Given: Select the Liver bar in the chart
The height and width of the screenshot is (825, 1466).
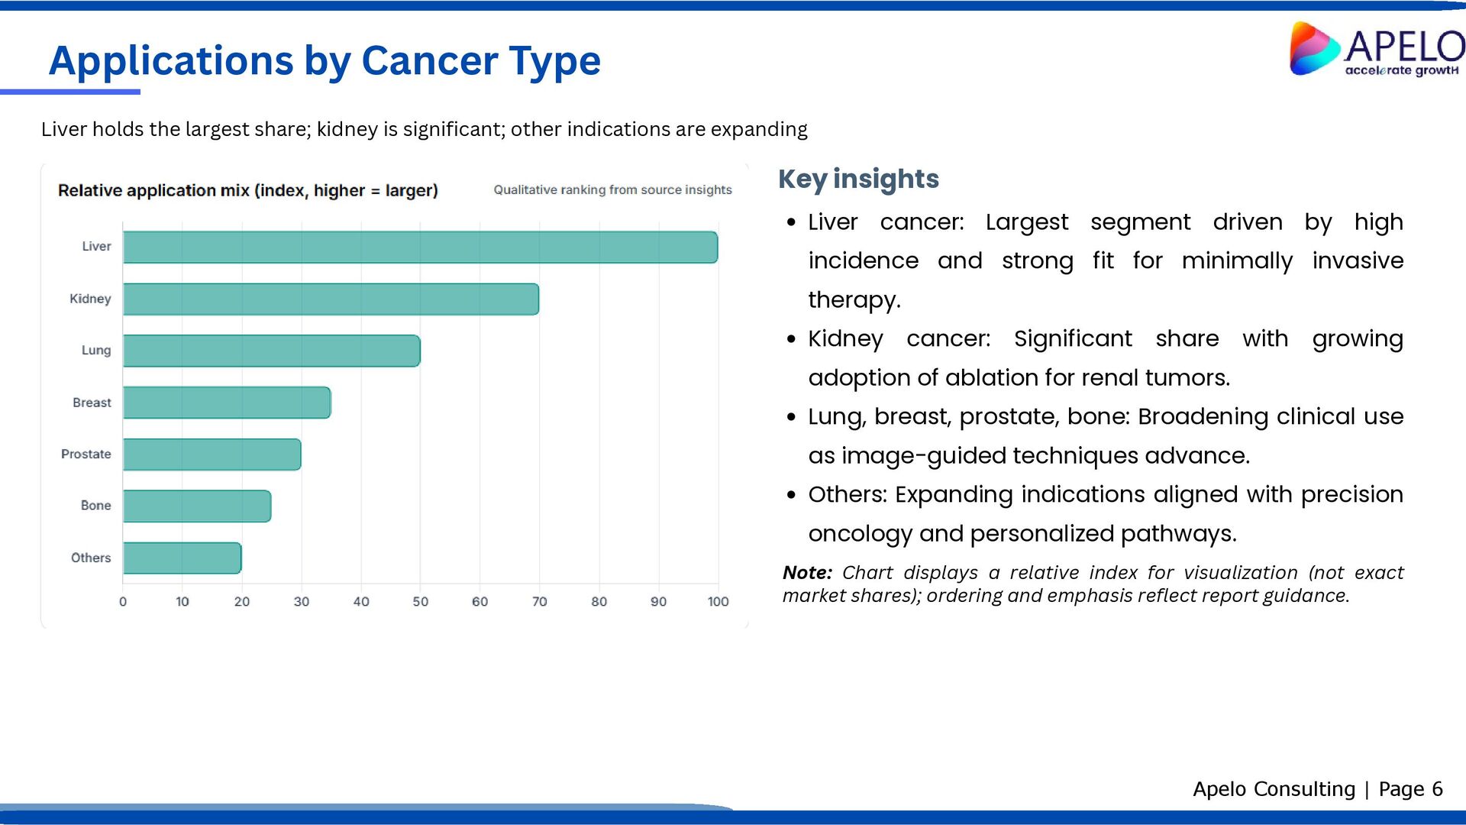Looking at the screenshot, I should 420,247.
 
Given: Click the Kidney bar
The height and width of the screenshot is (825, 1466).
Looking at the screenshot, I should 331,299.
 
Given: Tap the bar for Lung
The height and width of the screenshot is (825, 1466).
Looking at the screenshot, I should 271,351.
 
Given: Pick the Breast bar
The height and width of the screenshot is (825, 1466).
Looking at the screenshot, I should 227,403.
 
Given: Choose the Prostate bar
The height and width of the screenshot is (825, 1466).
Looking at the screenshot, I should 212,455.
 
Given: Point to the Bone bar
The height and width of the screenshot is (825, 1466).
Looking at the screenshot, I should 197,506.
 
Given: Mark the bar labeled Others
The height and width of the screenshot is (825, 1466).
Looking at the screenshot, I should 182,558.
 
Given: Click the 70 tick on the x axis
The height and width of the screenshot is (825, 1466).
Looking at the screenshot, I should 539,602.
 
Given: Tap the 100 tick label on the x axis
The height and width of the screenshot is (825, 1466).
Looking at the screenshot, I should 718,602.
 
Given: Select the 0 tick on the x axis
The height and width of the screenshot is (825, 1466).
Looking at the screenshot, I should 123,602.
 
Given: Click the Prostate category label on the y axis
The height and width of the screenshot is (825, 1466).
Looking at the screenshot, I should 86,454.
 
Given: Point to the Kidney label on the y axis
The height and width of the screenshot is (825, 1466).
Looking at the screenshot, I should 90,299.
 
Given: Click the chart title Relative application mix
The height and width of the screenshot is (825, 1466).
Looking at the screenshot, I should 247,190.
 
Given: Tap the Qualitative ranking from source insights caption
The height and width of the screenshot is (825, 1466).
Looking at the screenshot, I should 612,189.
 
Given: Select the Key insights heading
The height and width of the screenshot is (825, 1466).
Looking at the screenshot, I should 858,179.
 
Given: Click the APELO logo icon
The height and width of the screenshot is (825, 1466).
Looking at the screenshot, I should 1313,49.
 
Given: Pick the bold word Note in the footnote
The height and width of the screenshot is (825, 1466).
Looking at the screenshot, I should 806,573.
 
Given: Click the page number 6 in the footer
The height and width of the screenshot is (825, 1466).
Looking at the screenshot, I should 1437,789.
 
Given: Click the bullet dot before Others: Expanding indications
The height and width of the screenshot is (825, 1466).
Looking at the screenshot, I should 791,495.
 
